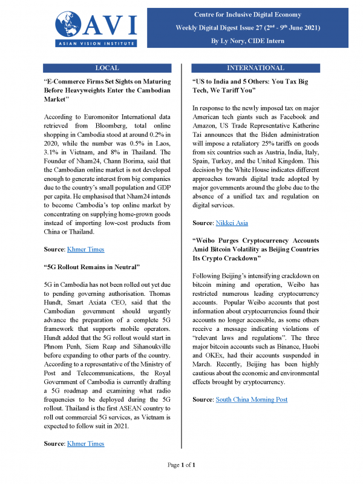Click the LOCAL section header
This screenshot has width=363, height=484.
coord(107,68)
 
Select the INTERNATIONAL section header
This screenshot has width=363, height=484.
coord(255,68)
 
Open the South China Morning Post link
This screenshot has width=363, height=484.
coord(252,399)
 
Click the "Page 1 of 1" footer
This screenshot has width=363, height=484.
coord(181,465)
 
